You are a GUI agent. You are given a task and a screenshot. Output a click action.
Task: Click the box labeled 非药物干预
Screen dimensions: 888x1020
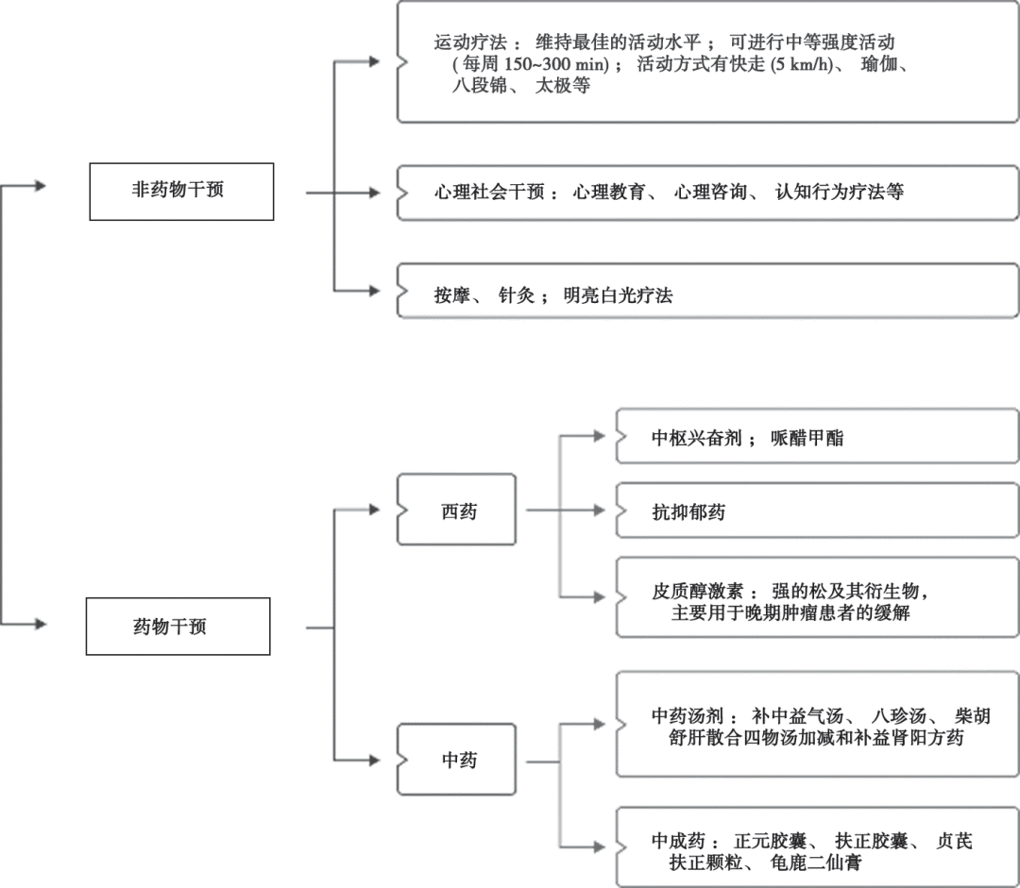point(180,192)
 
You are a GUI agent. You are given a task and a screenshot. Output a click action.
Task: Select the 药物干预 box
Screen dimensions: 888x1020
point(178,627)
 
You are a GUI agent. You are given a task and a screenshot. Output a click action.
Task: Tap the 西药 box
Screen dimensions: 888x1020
point(457,511)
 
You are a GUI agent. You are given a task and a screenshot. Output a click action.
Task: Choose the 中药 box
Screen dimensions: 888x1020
point(457,760)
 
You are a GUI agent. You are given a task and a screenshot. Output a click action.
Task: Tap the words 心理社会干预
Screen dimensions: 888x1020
point(490,192)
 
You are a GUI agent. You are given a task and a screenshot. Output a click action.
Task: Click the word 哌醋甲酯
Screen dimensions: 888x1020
point(808,438)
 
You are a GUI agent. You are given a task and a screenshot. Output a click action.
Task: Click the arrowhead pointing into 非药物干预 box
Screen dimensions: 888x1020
point(39,186)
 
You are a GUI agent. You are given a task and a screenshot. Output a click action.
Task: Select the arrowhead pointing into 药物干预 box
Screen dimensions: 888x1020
point(39,624)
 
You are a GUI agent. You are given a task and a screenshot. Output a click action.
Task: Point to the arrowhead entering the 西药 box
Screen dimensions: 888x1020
point(375,510)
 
